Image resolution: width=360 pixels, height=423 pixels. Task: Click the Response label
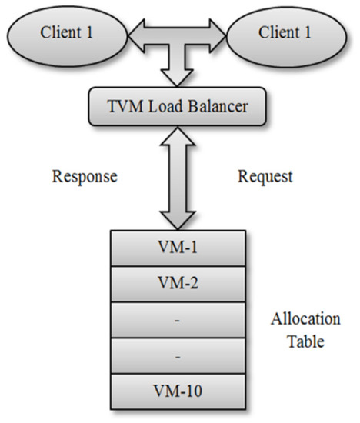coord(85,175)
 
